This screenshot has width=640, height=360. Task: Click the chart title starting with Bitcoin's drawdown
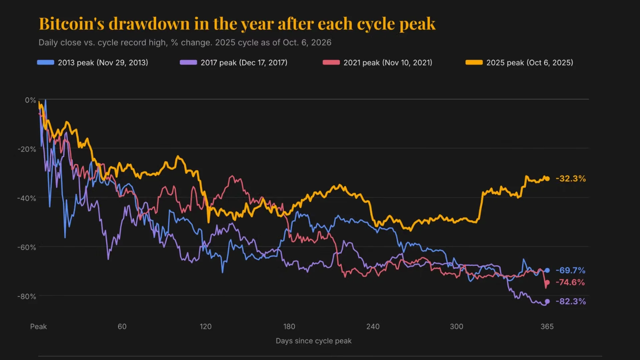237,24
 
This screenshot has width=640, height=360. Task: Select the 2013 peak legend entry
92,63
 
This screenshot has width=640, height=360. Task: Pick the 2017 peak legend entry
233,63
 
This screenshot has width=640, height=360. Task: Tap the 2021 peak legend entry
377,63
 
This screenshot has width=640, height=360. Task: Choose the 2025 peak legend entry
519,63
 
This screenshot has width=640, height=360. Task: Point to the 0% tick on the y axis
30,100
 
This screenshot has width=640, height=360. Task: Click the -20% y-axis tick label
27,149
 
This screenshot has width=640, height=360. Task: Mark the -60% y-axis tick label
27,247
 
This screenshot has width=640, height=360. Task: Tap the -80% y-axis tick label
27,296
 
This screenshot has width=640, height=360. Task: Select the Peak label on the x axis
38,326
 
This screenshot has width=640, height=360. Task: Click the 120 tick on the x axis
206,326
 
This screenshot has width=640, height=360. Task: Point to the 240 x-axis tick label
373,326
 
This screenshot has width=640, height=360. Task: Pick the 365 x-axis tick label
547,326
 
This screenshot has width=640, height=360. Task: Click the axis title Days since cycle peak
314,341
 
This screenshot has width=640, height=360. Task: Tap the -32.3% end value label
571,179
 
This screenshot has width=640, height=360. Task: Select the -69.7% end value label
570,270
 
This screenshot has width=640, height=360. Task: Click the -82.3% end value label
571,301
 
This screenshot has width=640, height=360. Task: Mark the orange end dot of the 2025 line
547,179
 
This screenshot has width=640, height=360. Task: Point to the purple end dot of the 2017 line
547,301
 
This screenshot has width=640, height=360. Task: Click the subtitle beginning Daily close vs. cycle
185,43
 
